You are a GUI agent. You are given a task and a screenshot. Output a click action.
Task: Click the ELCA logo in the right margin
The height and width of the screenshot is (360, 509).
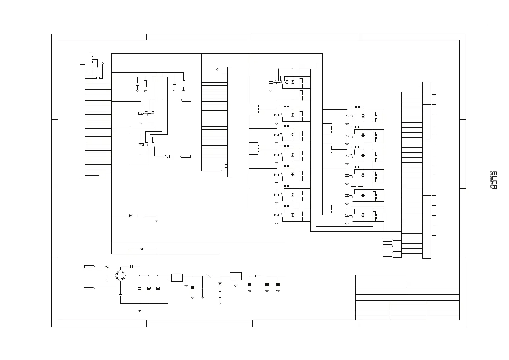pyautogui.click(x=494, y=180)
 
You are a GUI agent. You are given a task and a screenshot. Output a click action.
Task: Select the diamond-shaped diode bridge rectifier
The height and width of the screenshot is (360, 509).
pyautogui.click(x=120, y=276)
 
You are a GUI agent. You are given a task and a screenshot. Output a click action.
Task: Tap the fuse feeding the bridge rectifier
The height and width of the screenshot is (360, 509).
pyautogui.click(x=107, y=267)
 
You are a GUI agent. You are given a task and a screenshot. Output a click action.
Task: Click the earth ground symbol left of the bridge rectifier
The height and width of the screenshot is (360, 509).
pyautogui.click(x=107, y=279)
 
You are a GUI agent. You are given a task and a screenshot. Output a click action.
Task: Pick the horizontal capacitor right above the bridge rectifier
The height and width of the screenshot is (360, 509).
pyautogui.click(x=131, y=267)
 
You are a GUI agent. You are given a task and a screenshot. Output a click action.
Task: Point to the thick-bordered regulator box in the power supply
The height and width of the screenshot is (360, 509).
pyautogui.click(x=235, y=276)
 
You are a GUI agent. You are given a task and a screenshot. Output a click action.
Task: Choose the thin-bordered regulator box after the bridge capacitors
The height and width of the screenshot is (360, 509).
pyautogui.click(x=177, y=278)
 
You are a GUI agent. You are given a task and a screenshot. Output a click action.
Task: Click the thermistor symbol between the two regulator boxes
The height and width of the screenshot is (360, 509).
pyautogui.click(x=209, y=276)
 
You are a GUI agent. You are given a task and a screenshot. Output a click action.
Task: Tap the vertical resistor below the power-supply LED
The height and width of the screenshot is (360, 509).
pyautogui.click(x=220, y=295)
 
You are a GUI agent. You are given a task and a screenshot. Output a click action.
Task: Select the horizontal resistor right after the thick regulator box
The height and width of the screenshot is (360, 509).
pyautogui.click(x=258, y=276)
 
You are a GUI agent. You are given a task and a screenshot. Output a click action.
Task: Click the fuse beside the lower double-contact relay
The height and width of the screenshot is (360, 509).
pyautogui.click(x=166, y=156)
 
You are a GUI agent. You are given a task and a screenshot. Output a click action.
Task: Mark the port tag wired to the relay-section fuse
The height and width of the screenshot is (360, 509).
pyautogui.click(x=186, y=156)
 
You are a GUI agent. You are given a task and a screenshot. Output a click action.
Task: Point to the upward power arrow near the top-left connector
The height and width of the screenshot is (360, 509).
pyautogui.click(x=103, y=64)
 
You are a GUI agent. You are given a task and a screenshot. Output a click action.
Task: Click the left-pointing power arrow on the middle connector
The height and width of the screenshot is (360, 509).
pyautogui.click(x=218, y=70)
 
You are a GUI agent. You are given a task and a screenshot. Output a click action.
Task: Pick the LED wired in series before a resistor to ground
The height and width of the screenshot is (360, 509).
pyautogui.click(x=131, y=216)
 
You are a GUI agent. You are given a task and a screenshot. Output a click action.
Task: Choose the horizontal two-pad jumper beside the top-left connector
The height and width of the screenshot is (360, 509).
pyautogui.click(x=98, y=78)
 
